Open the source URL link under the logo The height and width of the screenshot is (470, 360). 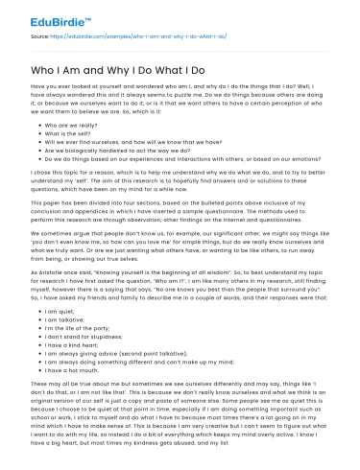115,35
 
